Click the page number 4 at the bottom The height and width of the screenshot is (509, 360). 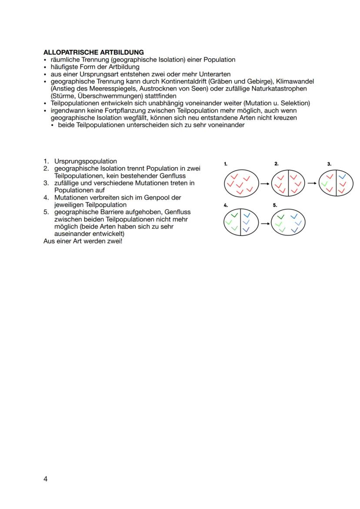(x=46, y=479)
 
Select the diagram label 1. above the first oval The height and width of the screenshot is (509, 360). (x=226, y=164)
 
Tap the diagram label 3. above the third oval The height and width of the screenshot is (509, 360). (x=330, y=164)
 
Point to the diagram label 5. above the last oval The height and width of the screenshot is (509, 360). (x=275, y=204)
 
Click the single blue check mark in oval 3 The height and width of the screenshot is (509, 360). (x=342, y=176)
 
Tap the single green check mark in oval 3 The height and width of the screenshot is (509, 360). (x=324, y=184)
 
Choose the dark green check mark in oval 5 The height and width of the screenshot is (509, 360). (x=280, y=216)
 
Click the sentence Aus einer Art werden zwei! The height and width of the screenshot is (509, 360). (x=83, y=240)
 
